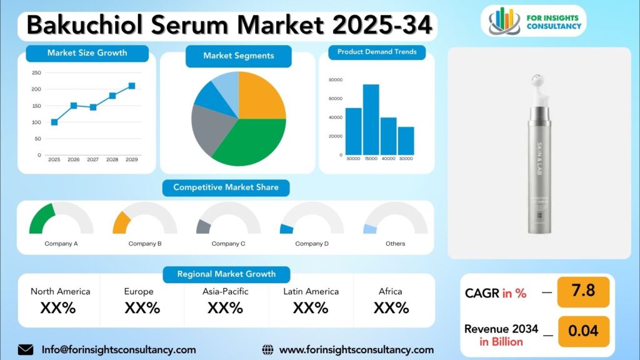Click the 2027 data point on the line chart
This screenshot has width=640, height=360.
[93, 107]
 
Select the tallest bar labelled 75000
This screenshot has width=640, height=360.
[371, 119]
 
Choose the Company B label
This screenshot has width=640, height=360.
[145, 244]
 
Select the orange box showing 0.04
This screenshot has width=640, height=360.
[583, 331]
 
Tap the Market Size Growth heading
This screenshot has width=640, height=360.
[87, 53]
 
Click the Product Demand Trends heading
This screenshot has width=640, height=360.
[377, 52]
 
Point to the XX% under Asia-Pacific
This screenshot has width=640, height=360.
[225, 307]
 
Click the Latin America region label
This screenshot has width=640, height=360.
[311, 291]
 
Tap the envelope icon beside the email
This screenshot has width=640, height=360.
[26, 349]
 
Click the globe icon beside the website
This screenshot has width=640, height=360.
[267, 349]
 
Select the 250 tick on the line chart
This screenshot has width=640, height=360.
[36, 72]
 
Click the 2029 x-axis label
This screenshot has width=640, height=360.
[131, 160]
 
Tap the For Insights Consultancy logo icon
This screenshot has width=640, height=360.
[504, 21]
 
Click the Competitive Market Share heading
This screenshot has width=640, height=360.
[226, 187]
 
